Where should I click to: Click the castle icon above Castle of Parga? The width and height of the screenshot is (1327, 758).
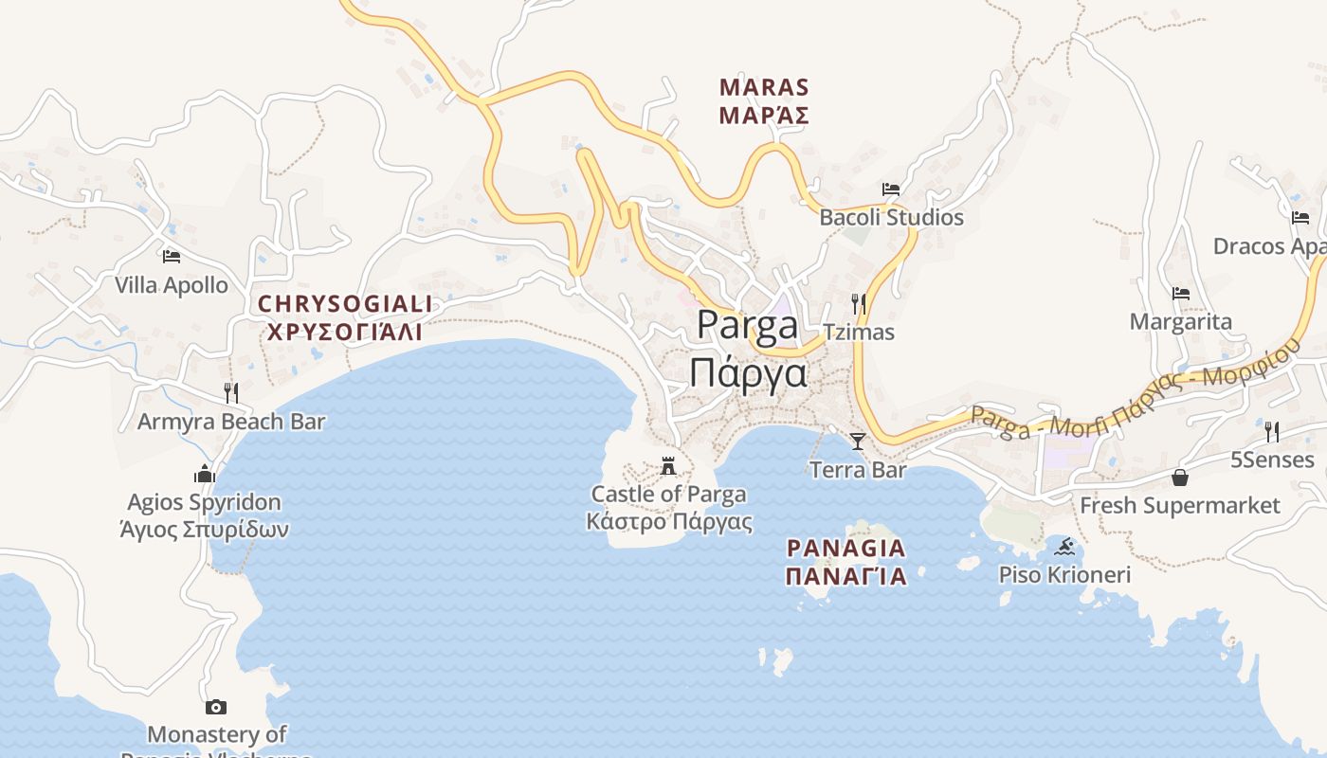click(x=668, y=465)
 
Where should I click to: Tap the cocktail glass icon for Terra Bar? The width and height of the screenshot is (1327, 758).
click(x=858, y=441)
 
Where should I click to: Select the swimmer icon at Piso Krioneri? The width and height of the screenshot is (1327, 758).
click(x=1065, y=547)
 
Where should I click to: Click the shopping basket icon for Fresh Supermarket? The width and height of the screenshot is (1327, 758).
click(x=1180, y=477)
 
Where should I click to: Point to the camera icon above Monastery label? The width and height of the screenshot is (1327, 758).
click(x=216, y=707)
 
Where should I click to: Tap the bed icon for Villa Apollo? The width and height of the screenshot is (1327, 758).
click(x=172, y=256)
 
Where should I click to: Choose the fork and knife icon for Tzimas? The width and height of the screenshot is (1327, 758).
click(x=859, y=303)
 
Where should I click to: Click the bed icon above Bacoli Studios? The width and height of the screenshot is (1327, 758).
click(x=891, y=189)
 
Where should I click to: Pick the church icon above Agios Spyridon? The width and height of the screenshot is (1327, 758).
click(x=205, y=474)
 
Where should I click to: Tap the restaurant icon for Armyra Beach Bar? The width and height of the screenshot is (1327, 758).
click(x=231, y=392)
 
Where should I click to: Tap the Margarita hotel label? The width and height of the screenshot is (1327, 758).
click(x=1181, y=321)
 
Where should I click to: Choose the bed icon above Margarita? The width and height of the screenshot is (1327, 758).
click(x=1181, y=294)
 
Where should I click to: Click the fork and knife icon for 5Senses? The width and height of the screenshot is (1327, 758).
click(x=1272, y=431)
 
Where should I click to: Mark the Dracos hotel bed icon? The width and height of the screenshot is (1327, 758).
click(x=1300, y=217)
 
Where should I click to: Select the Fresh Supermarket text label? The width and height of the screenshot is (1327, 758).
click(x=1180, y=505)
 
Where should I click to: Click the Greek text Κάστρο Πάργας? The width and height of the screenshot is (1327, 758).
click(x=669, y=521)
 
